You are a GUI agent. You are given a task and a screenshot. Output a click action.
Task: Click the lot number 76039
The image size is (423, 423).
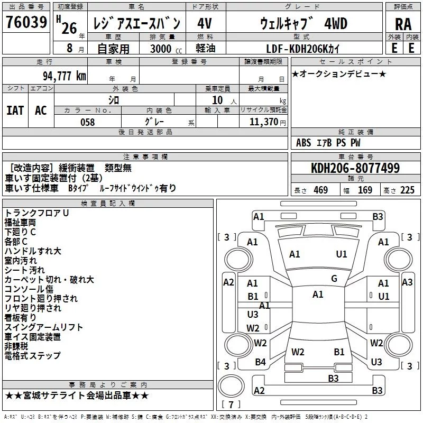(26, 22)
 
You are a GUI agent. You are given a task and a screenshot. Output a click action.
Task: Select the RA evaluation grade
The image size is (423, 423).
(403, 24)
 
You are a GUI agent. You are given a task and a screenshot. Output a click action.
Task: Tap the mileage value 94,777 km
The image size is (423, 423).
(65, 76)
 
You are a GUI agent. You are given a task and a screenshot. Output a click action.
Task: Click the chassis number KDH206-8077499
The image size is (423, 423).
(355, 168)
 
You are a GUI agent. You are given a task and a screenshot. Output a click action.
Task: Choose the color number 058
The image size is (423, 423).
(88, 122)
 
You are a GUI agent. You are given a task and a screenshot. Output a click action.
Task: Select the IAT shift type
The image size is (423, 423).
(15, 111)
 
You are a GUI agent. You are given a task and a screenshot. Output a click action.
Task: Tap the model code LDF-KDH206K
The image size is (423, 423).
(302, 49)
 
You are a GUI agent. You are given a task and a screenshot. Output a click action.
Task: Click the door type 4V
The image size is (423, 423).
(205, 23)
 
